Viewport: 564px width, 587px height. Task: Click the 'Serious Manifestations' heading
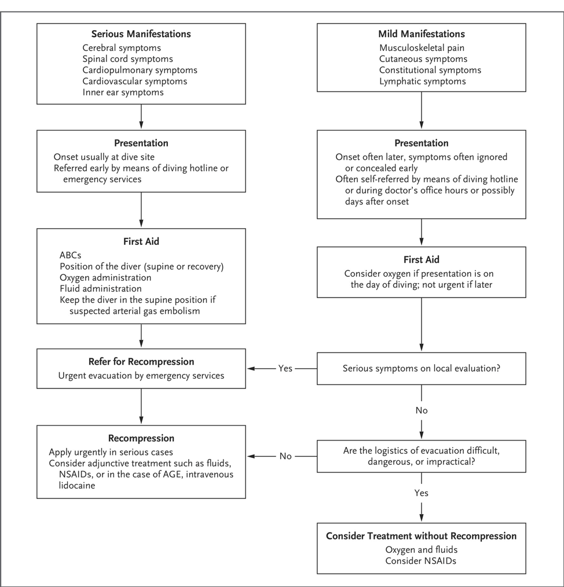(x=141, y=34)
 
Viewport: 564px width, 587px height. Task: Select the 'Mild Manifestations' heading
(x=421, y=34)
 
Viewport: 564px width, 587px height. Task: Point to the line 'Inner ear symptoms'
(x=123, y=92)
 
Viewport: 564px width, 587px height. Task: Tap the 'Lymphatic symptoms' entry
(x=422, y=81)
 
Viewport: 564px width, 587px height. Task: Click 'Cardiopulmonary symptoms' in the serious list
(x=140, y=70)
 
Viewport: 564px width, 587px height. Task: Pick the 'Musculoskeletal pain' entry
(x=422, y=48)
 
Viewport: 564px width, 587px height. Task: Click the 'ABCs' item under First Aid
(x=71, y=255)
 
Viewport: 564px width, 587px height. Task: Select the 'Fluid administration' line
(x=100, y=288)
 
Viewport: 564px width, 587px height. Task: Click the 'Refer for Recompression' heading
(x=141, y=362)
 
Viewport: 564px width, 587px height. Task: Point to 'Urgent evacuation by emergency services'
(x=141, y=376)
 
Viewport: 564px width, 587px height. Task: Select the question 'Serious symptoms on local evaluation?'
(x=421, y=368)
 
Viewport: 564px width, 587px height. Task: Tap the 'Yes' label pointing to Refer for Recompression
(x=285, y=368)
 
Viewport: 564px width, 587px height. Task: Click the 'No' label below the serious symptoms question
(x=421, y=410)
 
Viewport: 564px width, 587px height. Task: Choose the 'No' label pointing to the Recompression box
(x=285, y=456)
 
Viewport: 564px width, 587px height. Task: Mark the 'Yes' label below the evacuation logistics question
(x=421, y=494)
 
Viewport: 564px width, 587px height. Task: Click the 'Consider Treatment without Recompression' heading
(x=421, y=535)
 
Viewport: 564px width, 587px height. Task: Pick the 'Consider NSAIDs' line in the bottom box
(x=421, y=560)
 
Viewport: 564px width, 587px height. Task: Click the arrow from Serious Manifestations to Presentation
(x=141, y=116)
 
